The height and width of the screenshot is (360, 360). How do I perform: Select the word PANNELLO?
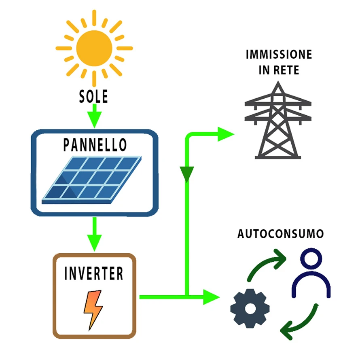95,144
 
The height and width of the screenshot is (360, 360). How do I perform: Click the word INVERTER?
94,274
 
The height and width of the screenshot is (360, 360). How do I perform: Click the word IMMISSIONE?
279,55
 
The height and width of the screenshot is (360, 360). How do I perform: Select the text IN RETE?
279,70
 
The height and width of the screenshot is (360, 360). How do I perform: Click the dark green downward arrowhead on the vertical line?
186,174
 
